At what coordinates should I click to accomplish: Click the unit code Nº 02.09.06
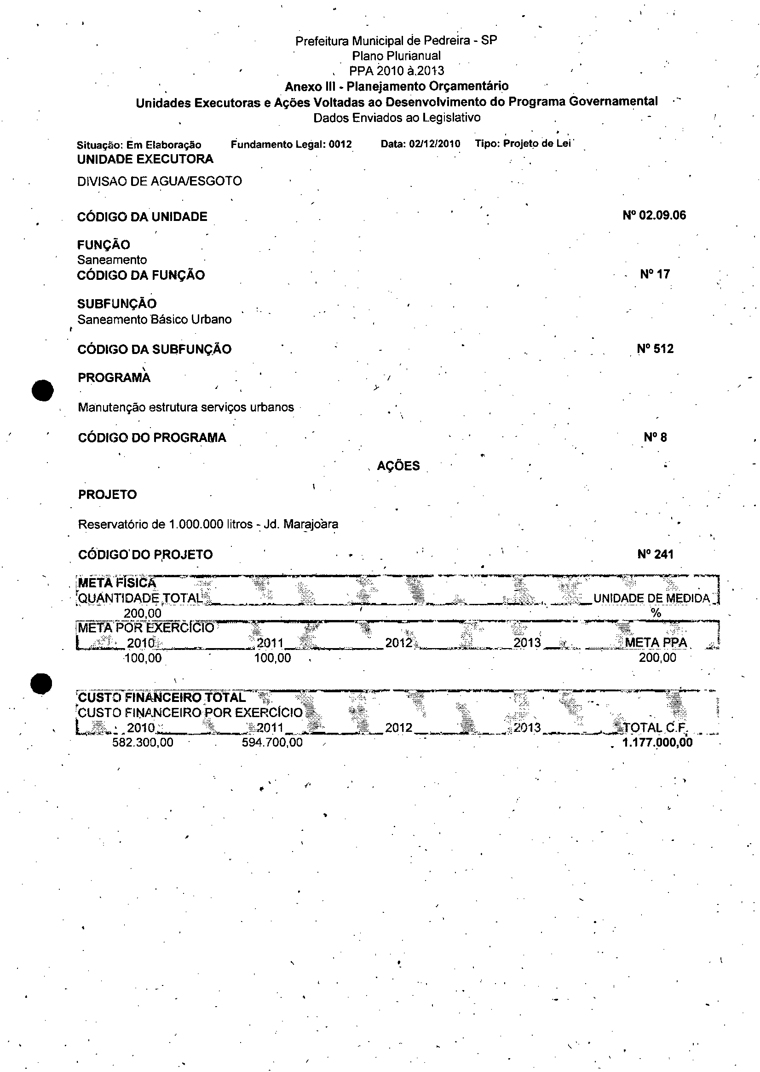point(654,215)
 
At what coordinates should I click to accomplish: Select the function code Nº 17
point(655,274)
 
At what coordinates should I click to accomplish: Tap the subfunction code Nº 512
point(655,349)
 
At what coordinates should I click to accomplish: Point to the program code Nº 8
point(655,437)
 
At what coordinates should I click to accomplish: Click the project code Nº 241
point(655,554)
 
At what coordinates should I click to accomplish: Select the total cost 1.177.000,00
point(657,742)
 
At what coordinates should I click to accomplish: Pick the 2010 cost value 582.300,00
point(143,742)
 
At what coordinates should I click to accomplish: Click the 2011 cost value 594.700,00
point(272,742)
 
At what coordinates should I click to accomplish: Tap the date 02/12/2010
point(434,144)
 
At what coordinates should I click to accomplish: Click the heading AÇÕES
point(398,466)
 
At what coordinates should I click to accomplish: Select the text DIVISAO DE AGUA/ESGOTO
point(159,181)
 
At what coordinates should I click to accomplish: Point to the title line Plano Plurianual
point(396,56)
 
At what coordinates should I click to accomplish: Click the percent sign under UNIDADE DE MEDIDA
point(656,613)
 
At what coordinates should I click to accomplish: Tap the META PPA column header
point(656,643)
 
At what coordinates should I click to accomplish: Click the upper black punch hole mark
point(43,390)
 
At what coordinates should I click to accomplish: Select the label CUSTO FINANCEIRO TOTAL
point(161,697)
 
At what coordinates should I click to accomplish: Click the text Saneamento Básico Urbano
point(155,319)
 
